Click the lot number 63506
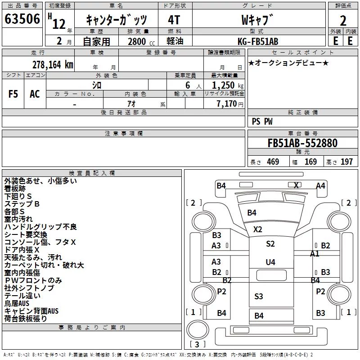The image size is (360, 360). pos(22,19)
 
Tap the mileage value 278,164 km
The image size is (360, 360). pos(53,65)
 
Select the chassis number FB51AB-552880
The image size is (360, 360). pos(302,143)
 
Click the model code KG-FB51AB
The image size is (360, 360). pos(258,41)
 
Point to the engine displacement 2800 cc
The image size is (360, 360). pos(141,41)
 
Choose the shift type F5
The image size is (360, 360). pos(13,94)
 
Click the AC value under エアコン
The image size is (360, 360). pos(35,94)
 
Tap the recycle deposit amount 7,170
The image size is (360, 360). pos(227,104)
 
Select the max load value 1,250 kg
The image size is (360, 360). pos(227,85)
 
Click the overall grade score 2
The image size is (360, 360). pos(343,21)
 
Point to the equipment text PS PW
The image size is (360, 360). pos(262,121)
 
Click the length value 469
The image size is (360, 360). pos(273,162)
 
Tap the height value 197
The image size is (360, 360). pos(346,162)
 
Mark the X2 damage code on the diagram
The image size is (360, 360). pos(257,229)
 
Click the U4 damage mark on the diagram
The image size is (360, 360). pos(270,262)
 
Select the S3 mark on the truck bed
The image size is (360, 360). pos(258,297)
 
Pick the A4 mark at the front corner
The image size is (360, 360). pos(320,186)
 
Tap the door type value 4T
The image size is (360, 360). pos(174,20)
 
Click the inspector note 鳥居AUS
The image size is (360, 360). pos(17,303)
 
